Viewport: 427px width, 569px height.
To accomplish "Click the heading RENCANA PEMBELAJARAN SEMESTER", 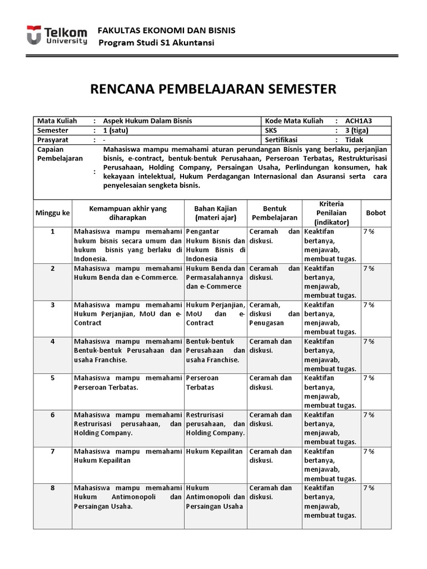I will pos(213,88).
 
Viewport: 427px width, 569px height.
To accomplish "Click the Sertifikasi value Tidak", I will pos(354,139).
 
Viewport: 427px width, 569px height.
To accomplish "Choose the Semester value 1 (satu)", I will pos(117,130).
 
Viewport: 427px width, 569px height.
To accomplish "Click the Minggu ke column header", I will pos(53,213).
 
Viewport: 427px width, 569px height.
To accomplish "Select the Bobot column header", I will pos(375,213).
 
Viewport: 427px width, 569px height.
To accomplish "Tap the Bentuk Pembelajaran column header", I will pos(275,213).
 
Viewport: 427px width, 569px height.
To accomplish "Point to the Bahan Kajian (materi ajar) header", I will pos(216,213).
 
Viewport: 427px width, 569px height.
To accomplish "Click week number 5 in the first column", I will pos(53,378).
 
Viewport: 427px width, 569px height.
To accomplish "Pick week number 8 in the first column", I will pos(53,488).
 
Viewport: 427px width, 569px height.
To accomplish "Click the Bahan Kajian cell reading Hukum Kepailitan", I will pos(215,452).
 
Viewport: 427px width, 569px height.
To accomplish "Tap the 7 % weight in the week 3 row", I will pos(369,305).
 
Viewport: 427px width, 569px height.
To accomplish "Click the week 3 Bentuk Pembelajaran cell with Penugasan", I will pos(275,313).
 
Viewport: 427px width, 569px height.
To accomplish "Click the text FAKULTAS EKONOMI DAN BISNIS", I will pos(166,30).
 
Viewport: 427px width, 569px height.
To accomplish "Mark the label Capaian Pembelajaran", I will pos(59,154).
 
